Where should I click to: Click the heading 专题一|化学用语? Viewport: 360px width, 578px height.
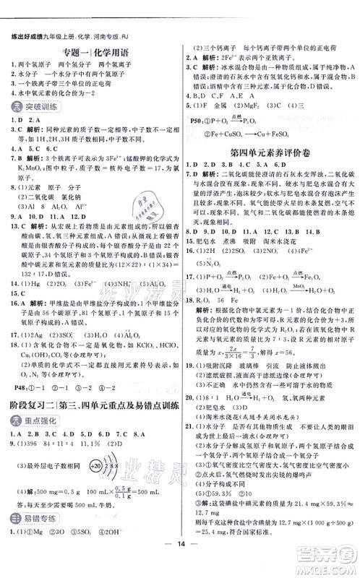(x=93, y=51)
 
